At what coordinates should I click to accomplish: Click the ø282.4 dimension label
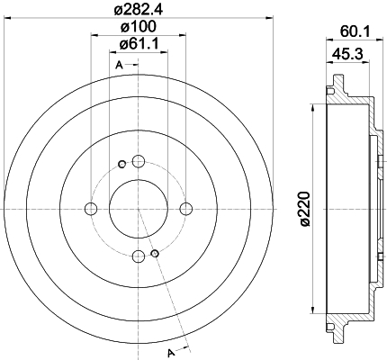click(139, 11)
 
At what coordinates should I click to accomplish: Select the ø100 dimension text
click(139, 27)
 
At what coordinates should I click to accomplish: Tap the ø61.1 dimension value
click(139, 45)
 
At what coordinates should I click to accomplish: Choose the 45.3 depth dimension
click(347, 54)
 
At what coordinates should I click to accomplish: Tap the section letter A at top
click(120, 65)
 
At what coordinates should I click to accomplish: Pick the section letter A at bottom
click(171, 352)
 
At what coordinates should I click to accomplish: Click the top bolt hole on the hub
click(139, 162)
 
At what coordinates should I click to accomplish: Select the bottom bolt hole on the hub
click(139, 256)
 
